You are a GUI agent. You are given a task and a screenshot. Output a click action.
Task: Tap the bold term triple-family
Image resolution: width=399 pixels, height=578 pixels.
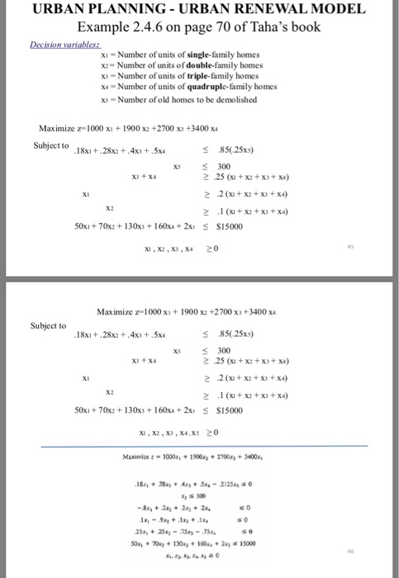coord(200,73)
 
